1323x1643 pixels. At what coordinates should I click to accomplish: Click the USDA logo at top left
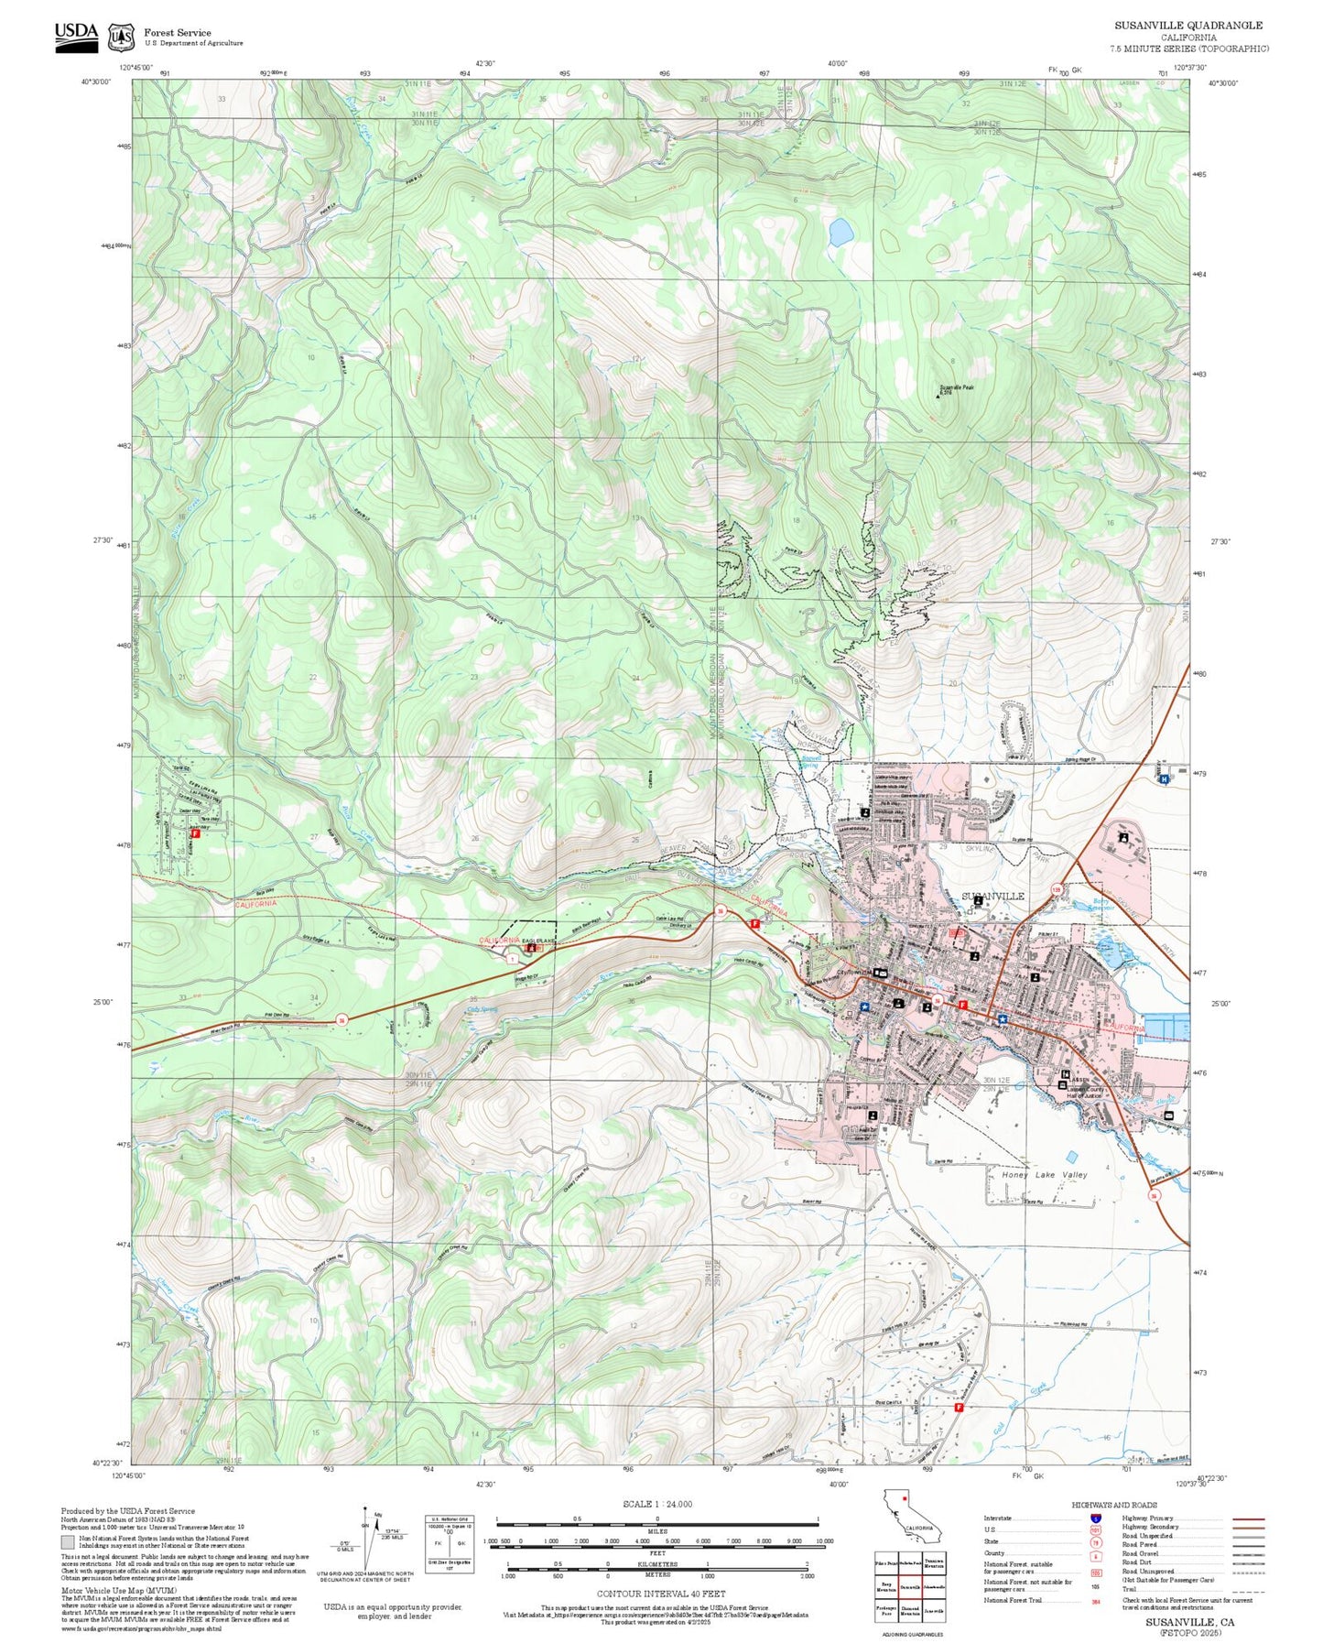click(76, 35)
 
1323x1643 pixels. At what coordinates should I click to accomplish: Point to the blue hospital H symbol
click(1164, 779)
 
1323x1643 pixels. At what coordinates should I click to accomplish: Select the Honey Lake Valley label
click(1044, 1174)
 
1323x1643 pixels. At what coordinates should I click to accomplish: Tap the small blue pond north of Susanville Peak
click(840, 233)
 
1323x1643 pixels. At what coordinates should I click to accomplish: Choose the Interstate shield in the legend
click(1095, 1518)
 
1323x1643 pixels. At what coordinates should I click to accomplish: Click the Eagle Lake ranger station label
click(539, 941)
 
